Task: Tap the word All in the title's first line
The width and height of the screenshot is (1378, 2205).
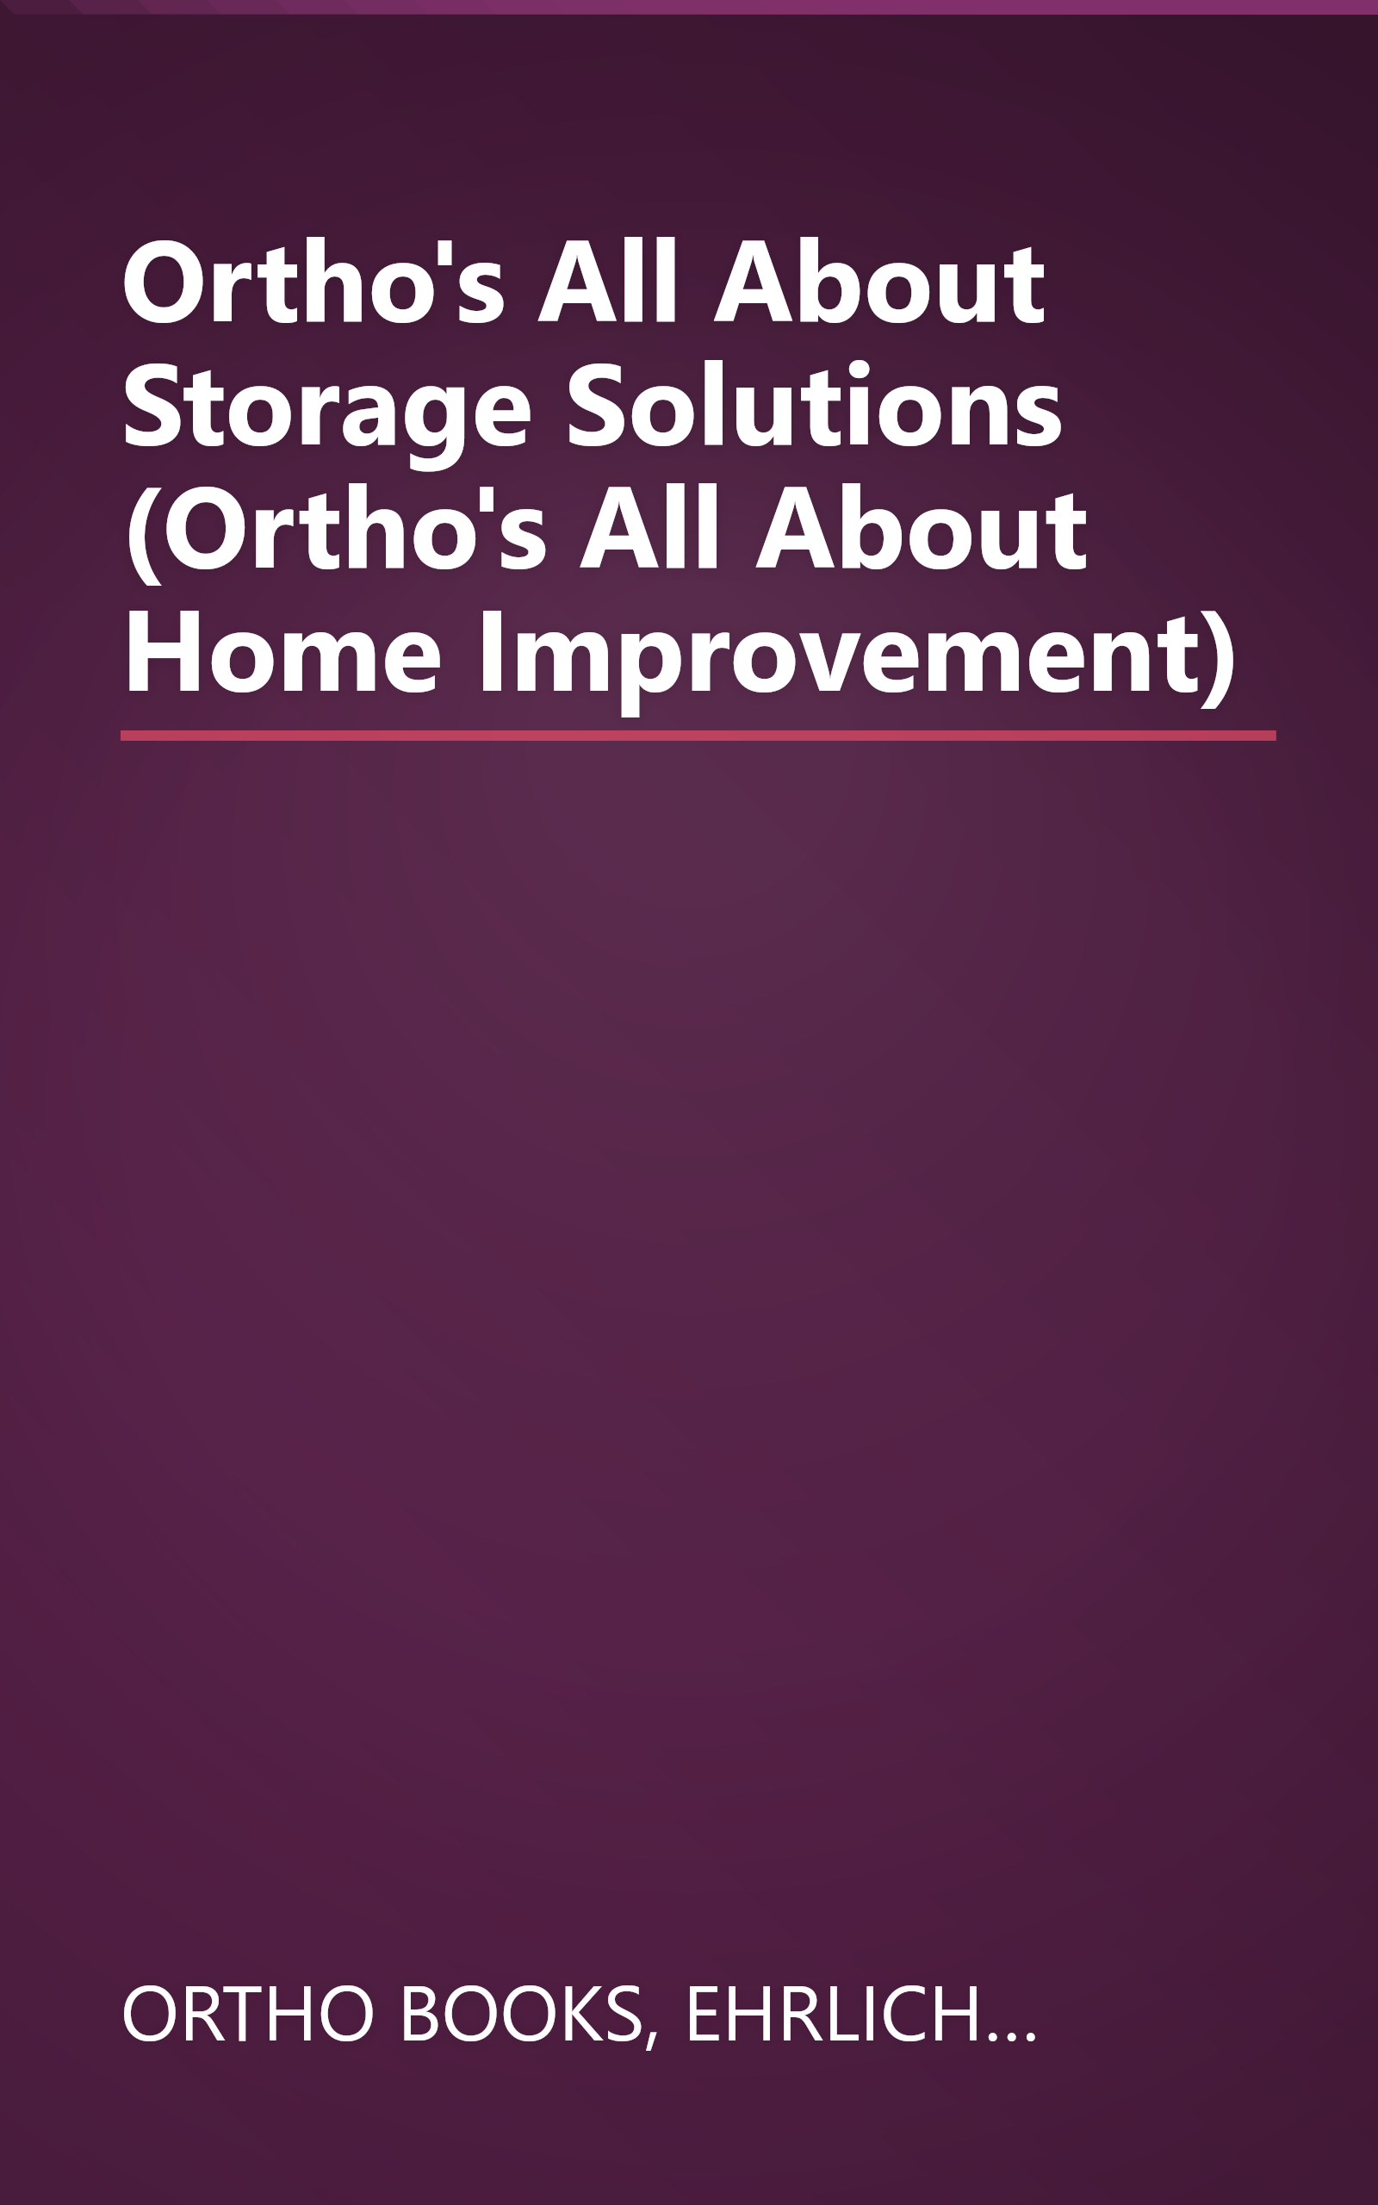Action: coord(608,283)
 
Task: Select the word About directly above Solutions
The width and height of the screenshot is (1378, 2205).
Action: coord(878,283)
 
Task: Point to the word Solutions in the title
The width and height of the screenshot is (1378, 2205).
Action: coord(814,407)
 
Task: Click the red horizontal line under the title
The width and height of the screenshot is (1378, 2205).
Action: coord(698,736)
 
